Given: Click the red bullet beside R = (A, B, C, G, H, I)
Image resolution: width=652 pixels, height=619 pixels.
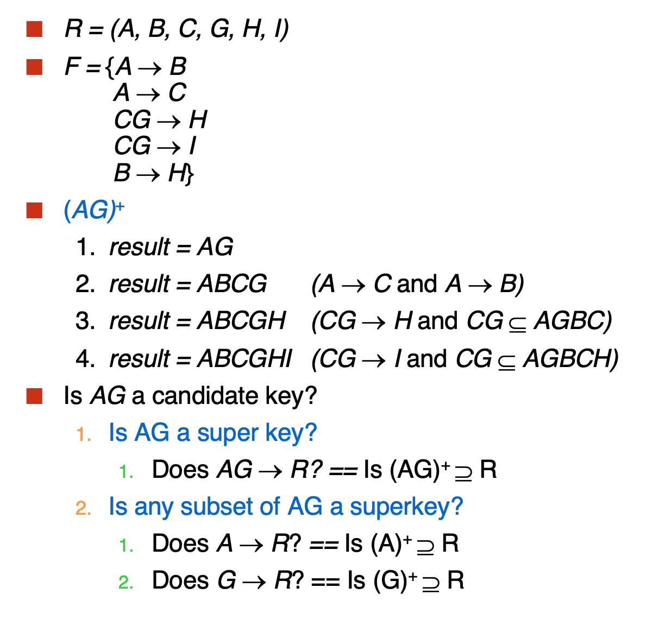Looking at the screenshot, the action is point(34,29).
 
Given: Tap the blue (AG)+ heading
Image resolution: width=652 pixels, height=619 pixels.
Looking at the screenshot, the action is point(94,210).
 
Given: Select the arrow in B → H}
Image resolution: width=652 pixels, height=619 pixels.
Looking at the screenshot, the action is point(148,174).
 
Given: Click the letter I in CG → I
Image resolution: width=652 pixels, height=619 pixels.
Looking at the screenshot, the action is point(192,146).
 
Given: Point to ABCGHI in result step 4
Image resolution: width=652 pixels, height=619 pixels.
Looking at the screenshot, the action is point(244,358).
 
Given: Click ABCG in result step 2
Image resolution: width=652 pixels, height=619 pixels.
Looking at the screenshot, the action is point(232,284).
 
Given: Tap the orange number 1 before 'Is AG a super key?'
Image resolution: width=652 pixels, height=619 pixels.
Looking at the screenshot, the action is point(83,434).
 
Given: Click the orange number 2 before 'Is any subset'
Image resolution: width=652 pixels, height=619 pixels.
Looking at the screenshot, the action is point(83,508).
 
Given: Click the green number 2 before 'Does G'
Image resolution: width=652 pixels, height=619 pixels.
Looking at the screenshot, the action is point(126,582).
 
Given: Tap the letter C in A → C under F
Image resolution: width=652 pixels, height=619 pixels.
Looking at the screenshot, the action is point(177,92).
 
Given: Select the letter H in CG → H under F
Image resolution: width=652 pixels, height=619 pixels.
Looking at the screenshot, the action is point(198,119).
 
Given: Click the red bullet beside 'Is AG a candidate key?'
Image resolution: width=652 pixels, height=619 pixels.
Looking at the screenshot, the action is point(34,396).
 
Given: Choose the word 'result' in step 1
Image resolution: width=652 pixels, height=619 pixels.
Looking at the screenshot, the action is point(140,247).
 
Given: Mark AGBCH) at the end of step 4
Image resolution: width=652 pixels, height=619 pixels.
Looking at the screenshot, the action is point(570,358).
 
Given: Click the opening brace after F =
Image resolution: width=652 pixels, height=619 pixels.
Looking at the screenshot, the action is point(110,67).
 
